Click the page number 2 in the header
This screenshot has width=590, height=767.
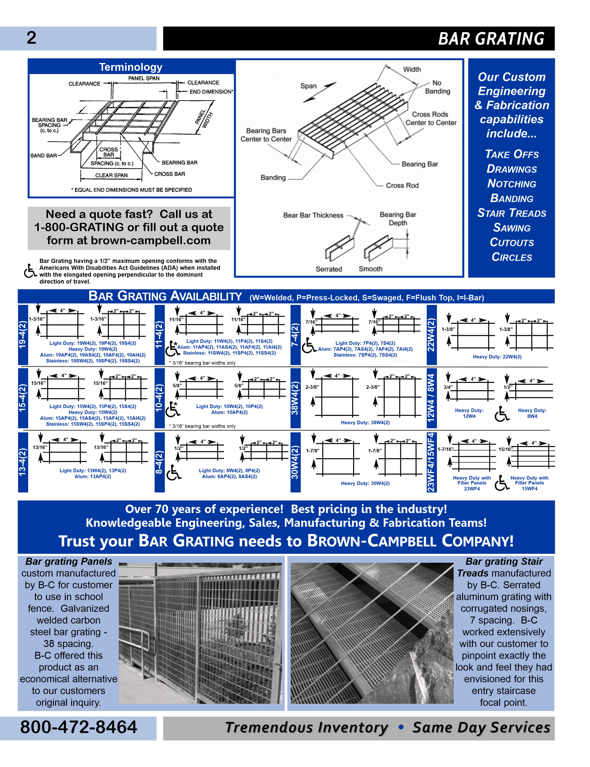[x=31, y=38]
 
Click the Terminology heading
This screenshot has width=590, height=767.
[x=131, y=67]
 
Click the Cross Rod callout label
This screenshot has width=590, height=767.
[x=402, y=185]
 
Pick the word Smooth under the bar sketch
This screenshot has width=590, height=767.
[x=370, y=269]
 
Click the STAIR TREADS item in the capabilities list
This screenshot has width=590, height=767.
[x=511, y=213]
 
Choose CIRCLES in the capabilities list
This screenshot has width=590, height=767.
[x=511, y=257]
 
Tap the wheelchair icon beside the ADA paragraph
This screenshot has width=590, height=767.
[x=30, y=271]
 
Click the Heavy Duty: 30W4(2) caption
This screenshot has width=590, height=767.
[x=365, y=483]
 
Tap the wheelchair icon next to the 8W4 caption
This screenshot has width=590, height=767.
[x=501, y=414]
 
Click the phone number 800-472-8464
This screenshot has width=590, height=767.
[x=79, y=727]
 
